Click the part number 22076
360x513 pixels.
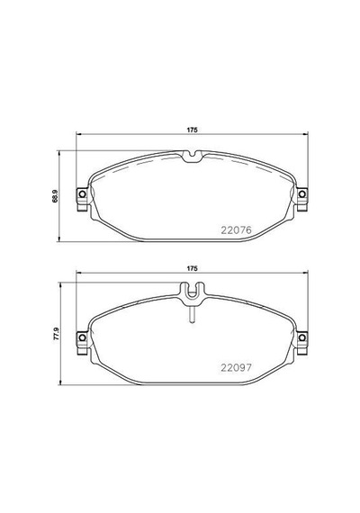[237, 230]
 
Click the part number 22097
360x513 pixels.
[237, 368]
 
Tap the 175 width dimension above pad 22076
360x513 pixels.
[192, 130]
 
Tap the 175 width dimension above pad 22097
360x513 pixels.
[192, 268]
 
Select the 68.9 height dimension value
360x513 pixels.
[55, 196]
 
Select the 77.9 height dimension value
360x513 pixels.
[57, 334]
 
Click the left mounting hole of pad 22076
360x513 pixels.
[82, 194]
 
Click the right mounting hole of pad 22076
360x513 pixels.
[302, 194]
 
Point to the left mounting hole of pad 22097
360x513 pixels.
[82, 337]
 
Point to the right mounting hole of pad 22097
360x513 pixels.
[302, 337]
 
